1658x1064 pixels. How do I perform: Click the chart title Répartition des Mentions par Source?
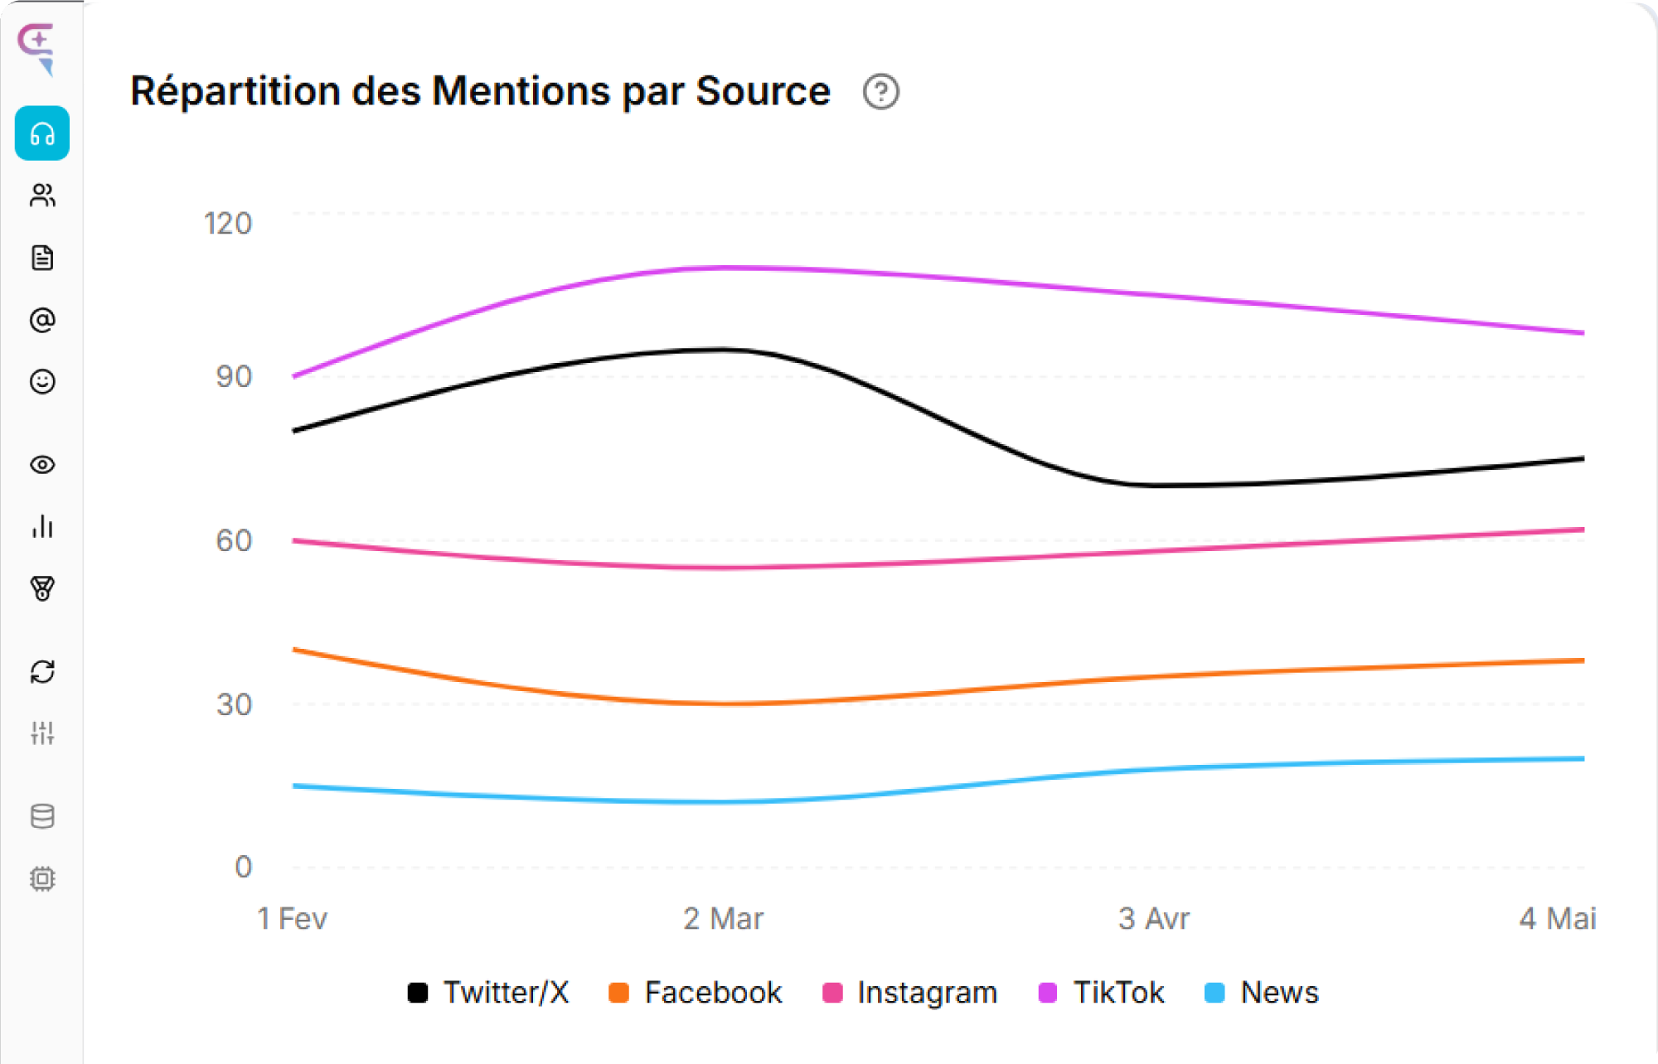pyautogui.click(x=480, y=91)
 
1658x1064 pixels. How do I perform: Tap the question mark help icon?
pyautogui.click(x=880, y=92)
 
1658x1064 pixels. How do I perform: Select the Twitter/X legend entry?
pyautogui.click(x=489, y=992)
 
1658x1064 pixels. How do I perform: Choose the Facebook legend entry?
pyautogui.click(x=695, y=992)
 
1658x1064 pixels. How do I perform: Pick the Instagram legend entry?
pyautogui.click(x=909, y=992)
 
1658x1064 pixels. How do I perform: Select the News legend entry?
pyautogui.click(x=1261, y=992)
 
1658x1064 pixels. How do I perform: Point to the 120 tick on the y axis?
pyautogui.click(x=228, y=224)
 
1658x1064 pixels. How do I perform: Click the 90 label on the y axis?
pyautogui.click(x=234, y=377)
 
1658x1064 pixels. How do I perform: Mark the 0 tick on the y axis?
pyautogui.click(x=243, y=867)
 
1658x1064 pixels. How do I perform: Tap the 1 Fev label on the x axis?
pyautogui.click(x=292, y=919)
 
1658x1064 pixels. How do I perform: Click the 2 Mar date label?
pyautogui.click(x=723, y=919)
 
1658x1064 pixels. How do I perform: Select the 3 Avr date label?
pyautogui.click(x=1153, y=919)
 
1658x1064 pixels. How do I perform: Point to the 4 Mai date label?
pyautogui.click(x=1557, y=919)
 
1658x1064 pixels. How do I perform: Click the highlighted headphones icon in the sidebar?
pyautogui.click(x=42, y=133)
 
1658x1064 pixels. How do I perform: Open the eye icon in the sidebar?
pyautogui.click(x=42, y=465)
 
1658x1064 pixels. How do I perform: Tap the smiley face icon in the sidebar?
pyautogui.click(x=42, y=381)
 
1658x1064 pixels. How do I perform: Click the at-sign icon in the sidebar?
pyautogui.click(x=42, y=320)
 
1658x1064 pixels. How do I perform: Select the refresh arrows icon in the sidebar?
pyautogui.click(x=42, y=671)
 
